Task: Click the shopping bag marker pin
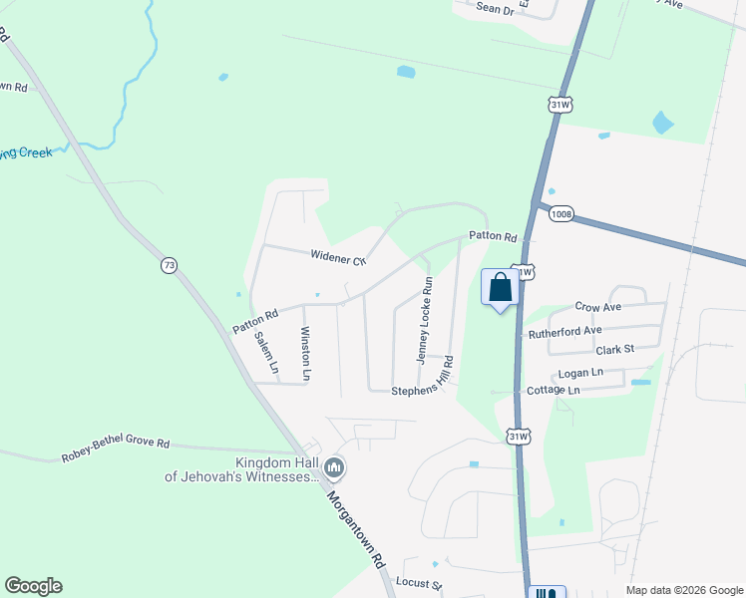click(501, 288)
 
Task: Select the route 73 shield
click(169, 265)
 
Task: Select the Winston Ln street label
click(306, 353)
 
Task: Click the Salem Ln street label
click(265, 351)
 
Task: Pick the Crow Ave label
click(598, 307)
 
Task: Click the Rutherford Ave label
click(565, 330)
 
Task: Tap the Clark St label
click(615, 350)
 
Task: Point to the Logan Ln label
click(581, 372)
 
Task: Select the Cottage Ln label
click(553, 390)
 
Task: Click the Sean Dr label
click(494, 8)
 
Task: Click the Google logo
click(33, 586)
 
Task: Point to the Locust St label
click(418, 582)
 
